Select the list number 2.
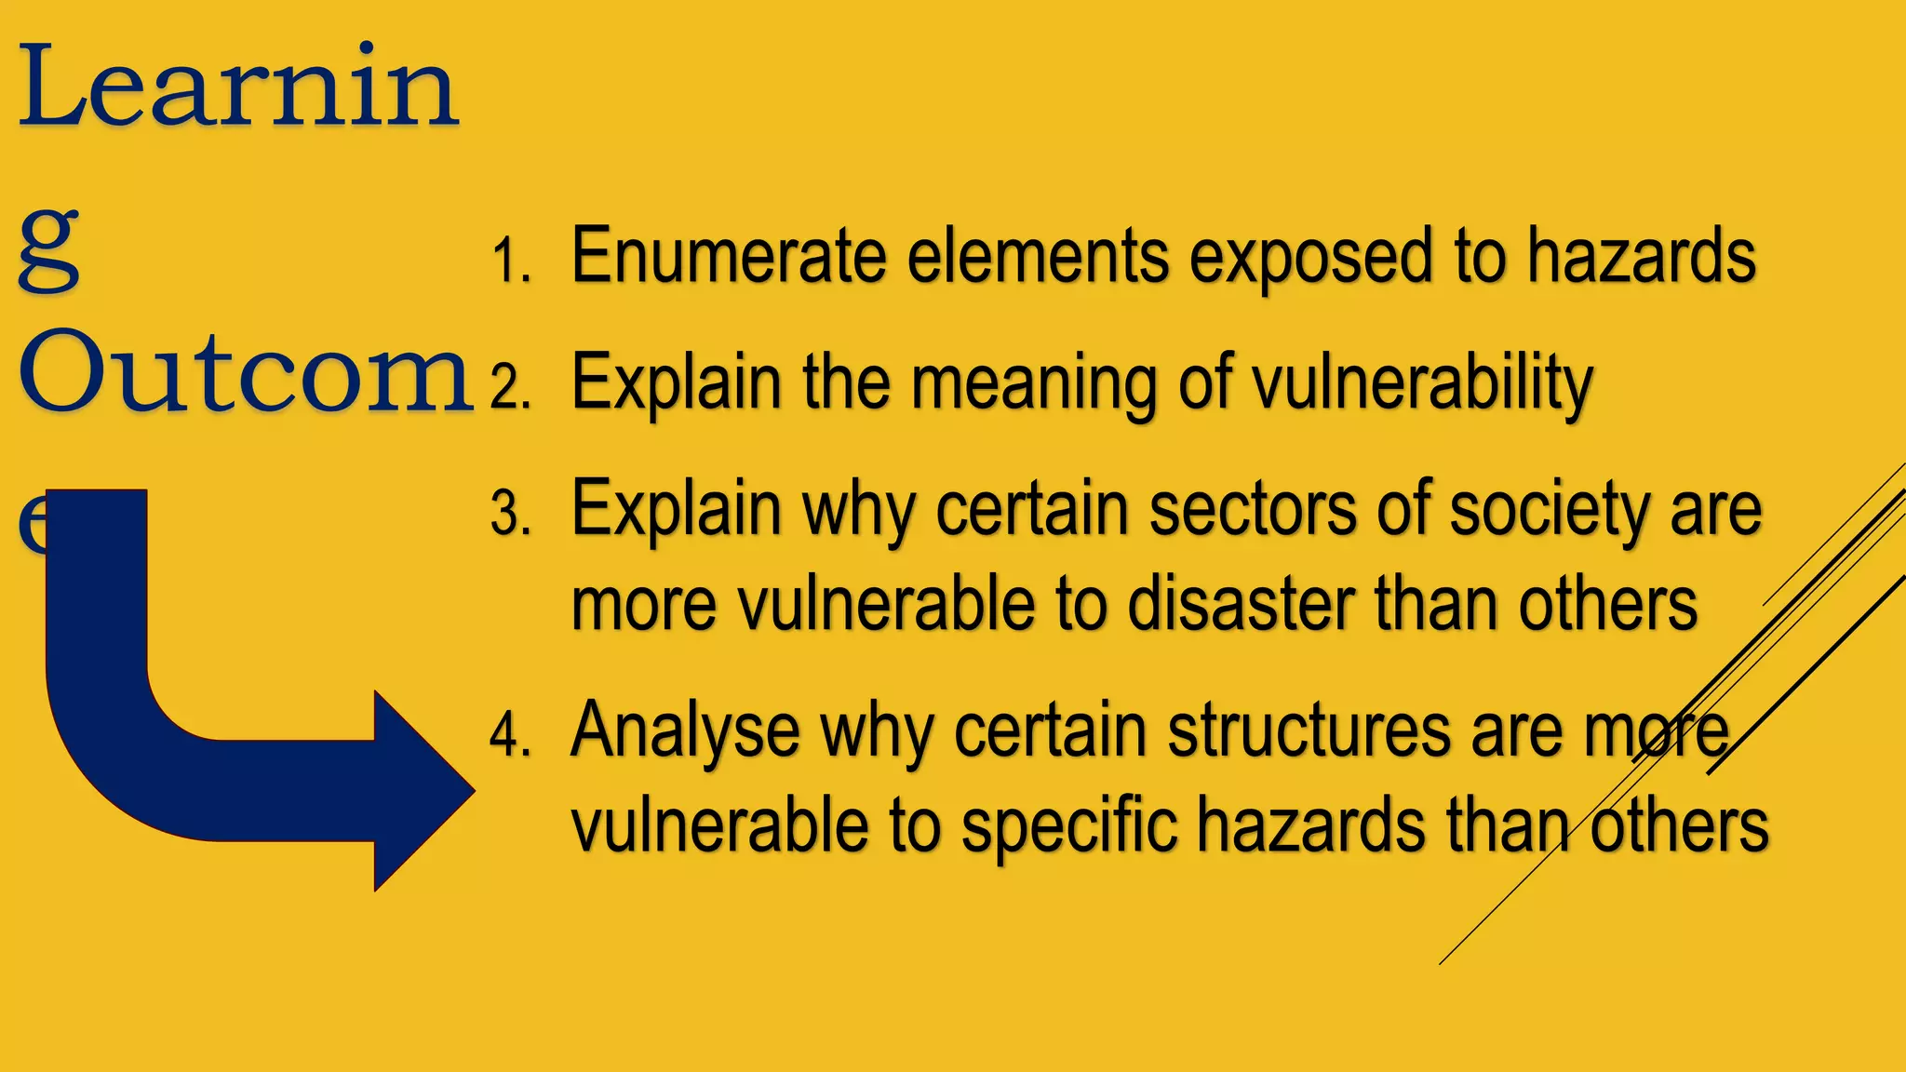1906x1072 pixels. tap(510, 386)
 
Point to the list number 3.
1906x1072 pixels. tap(510, 514)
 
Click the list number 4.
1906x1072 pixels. tap(510, 734)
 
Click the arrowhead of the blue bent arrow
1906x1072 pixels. tap(423, 791)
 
